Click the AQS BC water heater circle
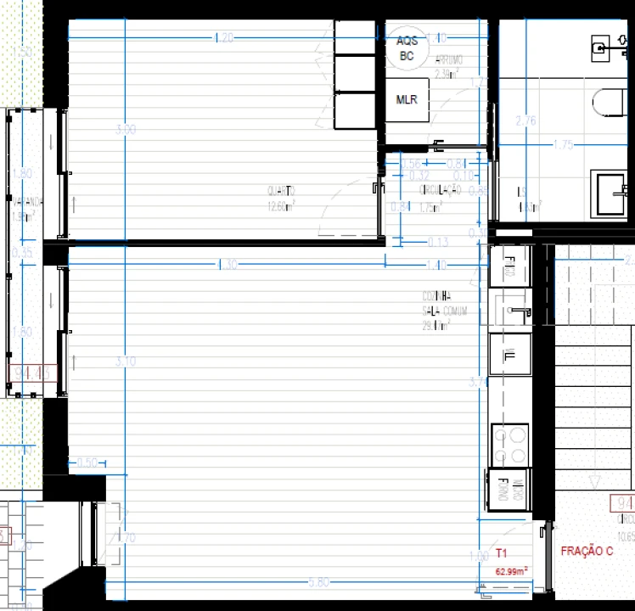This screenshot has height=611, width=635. (407, 48)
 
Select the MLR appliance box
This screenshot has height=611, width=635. (407, 100)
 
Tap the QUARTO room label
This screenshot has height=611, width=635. (280, 191)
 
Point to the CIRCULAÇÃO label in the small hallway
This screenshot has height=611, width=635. (439, 191)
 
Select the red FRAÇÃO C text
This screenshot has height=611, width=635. (587, 551)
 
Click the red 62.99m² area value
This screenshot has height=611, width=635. (511, 571)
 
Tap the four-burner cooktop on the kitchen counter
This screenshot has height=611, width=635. (510, 446)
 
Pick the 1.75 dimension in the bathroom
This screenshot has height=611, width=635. (564, 145)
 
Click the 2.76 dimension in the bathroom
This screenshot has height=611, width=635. (526, 121)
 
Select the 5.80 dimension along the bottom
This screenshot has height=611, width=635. (319, 582)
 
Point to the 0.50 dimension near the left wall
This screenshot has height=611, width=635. (87, 462)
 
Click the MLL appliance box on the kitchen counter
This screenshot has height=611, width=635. (510, 355)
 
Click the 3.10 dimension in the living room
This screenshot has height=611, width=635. (125, 362)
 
